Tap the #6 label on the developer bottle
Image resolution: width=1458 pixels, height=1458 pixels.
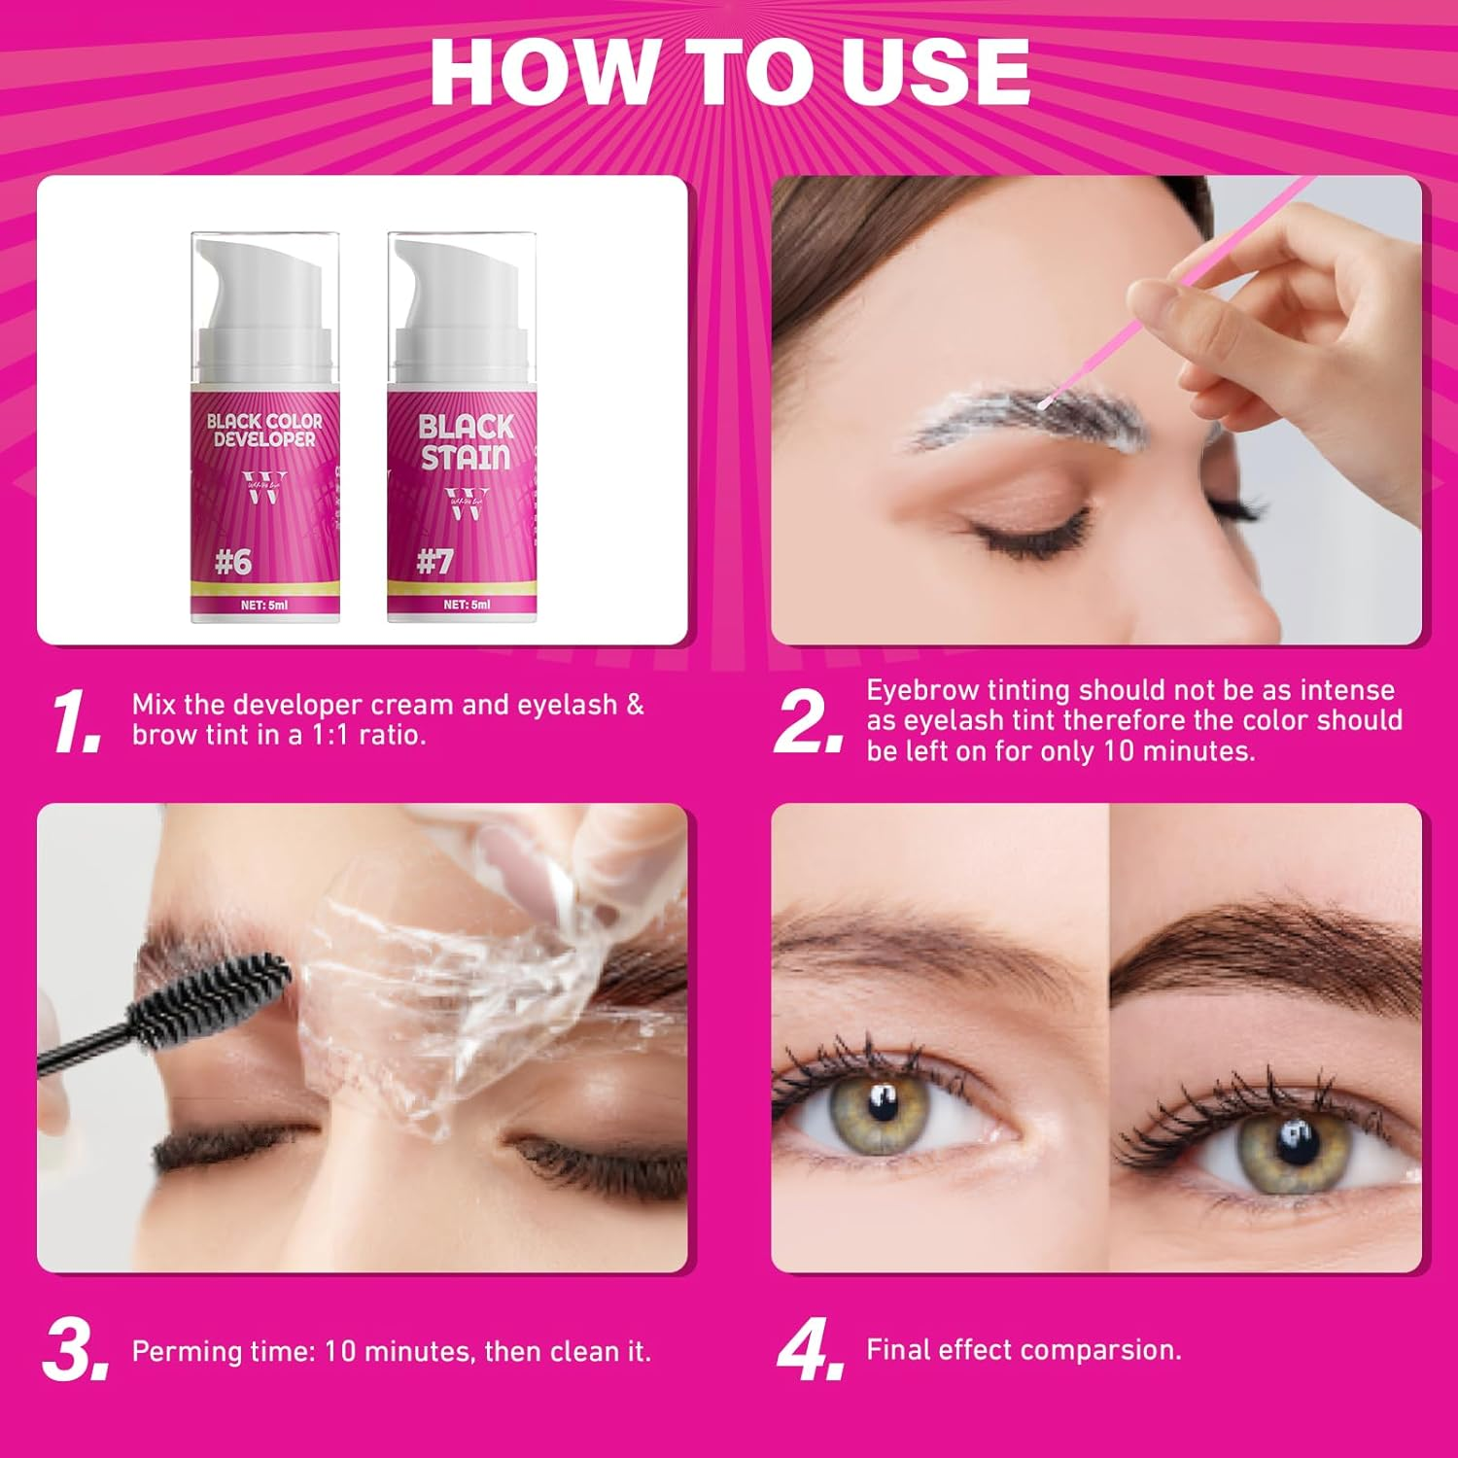tap(233, 562)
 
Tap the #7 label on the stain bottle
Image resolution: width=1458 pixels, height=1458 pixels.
tap(434, 562)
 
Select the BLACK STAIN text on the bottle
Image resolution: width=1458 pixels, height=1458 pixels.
tap(466, 442)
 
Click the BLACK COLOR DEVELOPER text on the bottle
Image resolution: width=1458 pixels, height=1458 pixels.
tap(264, 430)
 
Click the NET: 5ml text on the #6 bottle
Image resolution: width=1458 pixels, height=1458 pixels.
tap(264, 605)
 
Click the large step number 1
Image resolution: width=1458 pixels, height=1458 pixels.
tap(76, 721)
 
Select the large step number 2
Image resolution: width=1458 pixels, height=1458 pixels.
tap(809, 721)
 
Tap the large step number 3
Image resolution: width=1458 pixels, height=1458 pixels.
tap(74, 1349)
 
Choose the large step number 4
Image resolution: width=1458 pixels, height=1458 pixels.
tap(809, 1349)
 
